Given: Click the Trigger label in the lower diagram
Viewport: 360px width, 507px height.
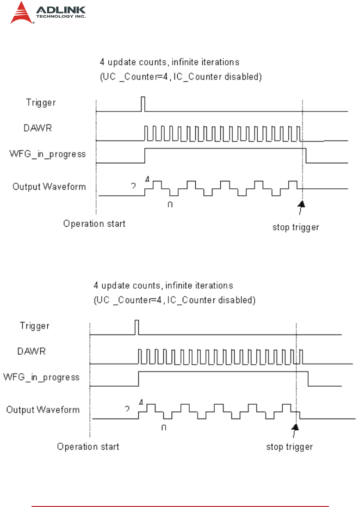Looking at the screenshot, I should (34, 326).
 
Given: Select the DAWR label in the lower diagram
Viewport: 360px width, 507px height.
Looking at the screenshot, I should (31, 352).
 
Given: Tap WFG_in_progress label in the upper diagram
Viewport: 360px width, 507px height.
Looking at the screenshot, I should (49, 154).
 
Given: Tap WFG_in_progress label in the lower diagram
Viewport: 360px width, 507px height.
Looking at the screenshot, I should (42, 377).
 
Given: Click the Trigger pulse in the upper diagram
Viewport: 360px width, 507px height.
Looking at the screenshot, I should (143, 104).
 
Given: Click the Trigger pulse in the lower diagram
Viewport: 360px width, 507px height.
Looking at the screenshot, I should (137, 327).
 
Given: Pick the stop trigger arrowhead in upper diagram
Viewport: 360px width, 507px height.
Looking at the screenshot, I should (302, 204).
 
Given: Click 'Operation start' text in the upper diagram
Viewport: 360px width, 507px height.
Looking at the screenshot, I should (94, 224).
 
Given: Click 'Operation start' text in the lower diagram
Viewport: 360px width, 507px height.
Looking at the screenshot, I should (88, 447).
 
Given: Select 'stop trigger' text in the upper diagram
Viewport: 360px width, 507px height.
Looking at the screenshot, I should (295, 228).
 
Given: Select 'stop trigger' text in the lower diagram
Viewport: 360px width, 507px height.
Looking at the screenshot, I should (289, 447).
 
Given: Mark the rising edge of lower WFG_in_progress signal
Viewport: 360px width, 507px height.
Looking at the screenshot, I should (138, 378).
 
